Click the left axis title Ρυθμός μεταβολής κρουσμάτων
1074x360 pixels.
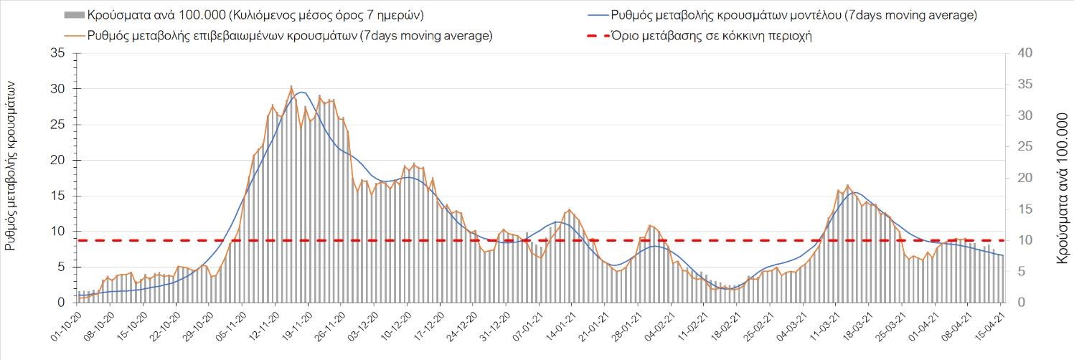[11, 165]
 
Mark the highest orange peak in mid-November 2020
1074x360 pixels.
[291, 87]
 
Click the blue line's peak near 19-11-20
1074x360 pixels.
[302, 92]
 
